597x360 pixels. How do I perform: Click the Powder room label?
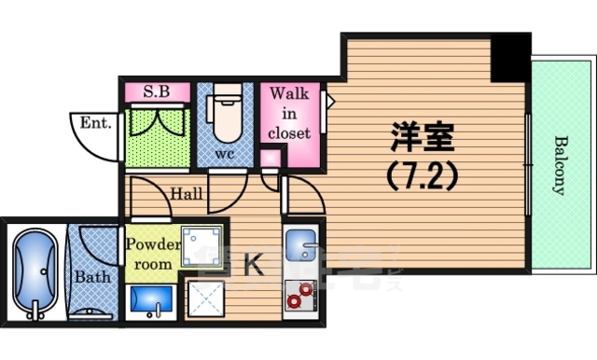click(x=150, y=254)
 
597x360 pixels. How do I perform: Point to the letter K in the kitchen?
click(x=252, y=264)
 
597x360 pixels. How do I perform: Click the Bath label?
click(x=92, y=277)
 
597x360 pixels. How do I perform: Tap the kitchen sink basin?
click(x=302, y=246)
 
